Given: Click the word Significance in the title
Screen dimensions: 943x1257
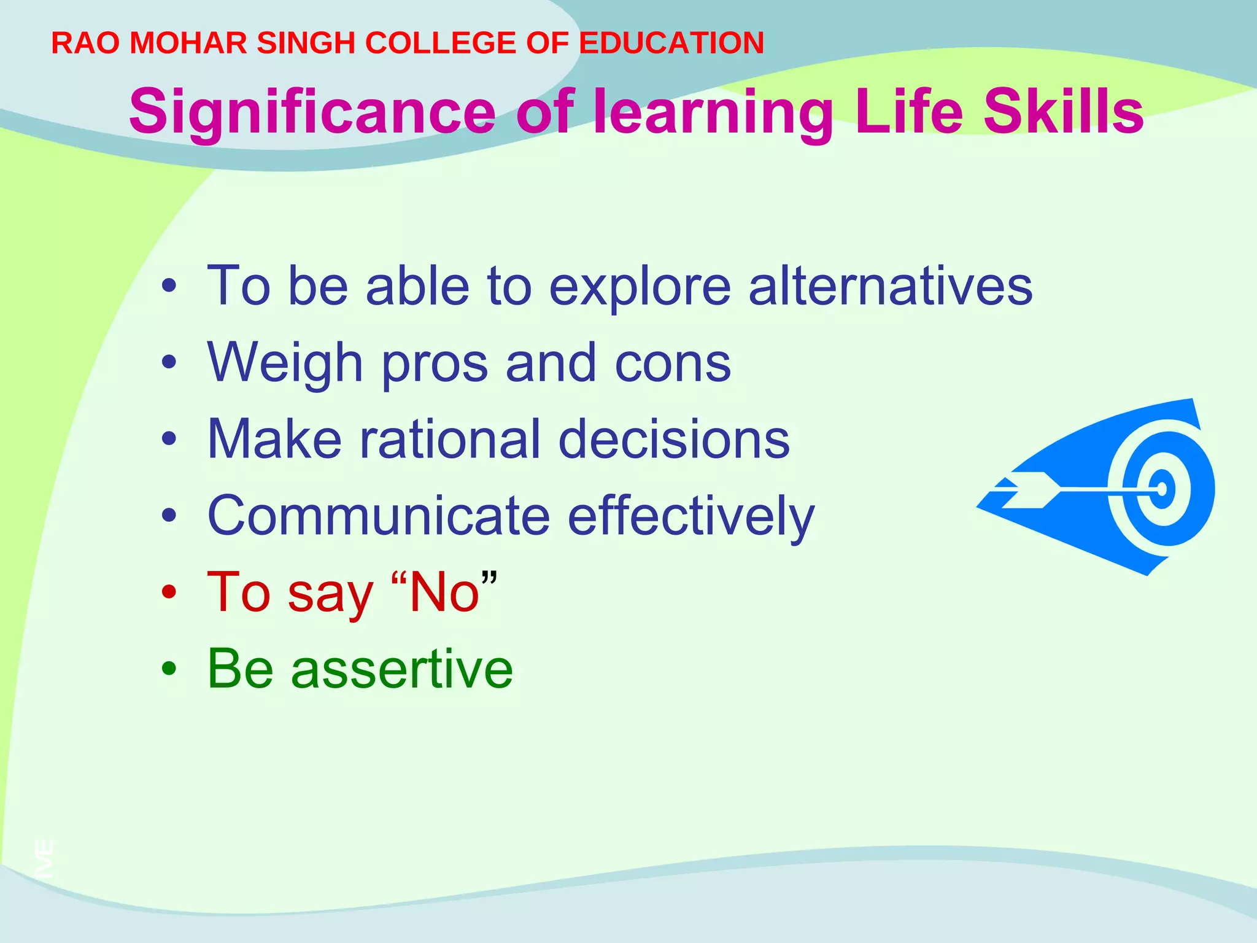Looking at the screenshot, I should (x=312, y=112).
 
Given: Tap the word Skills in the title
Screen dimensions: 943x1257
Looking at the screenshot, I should (x=1064, y=112).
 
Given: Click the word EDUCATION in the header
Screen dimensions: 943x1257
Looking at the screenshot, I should (x=671, y=43).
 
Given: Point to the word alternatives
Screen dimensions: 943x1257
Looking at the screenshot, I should (x=891, y=285).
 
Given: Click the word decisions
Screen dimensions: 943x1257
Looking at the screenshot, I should (x=674, y=439).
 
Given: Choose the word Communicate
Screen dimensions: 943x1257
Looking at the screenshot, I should (x=379, y=516).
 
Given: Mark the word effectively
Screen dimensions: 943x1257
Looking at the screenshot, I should (x=691, y=517).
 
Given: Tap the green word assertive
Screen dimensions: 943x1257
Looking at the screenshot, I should (x=401, y=669).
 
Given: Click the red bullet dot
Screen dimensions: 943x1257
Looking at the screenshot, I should (x=169, y=593).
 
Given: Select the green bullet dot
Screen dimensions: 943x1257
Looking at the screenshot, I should (x=169, y=670).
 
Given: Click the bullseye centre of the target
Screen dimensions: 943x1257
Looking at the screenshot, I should (x=1162, y=489).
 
